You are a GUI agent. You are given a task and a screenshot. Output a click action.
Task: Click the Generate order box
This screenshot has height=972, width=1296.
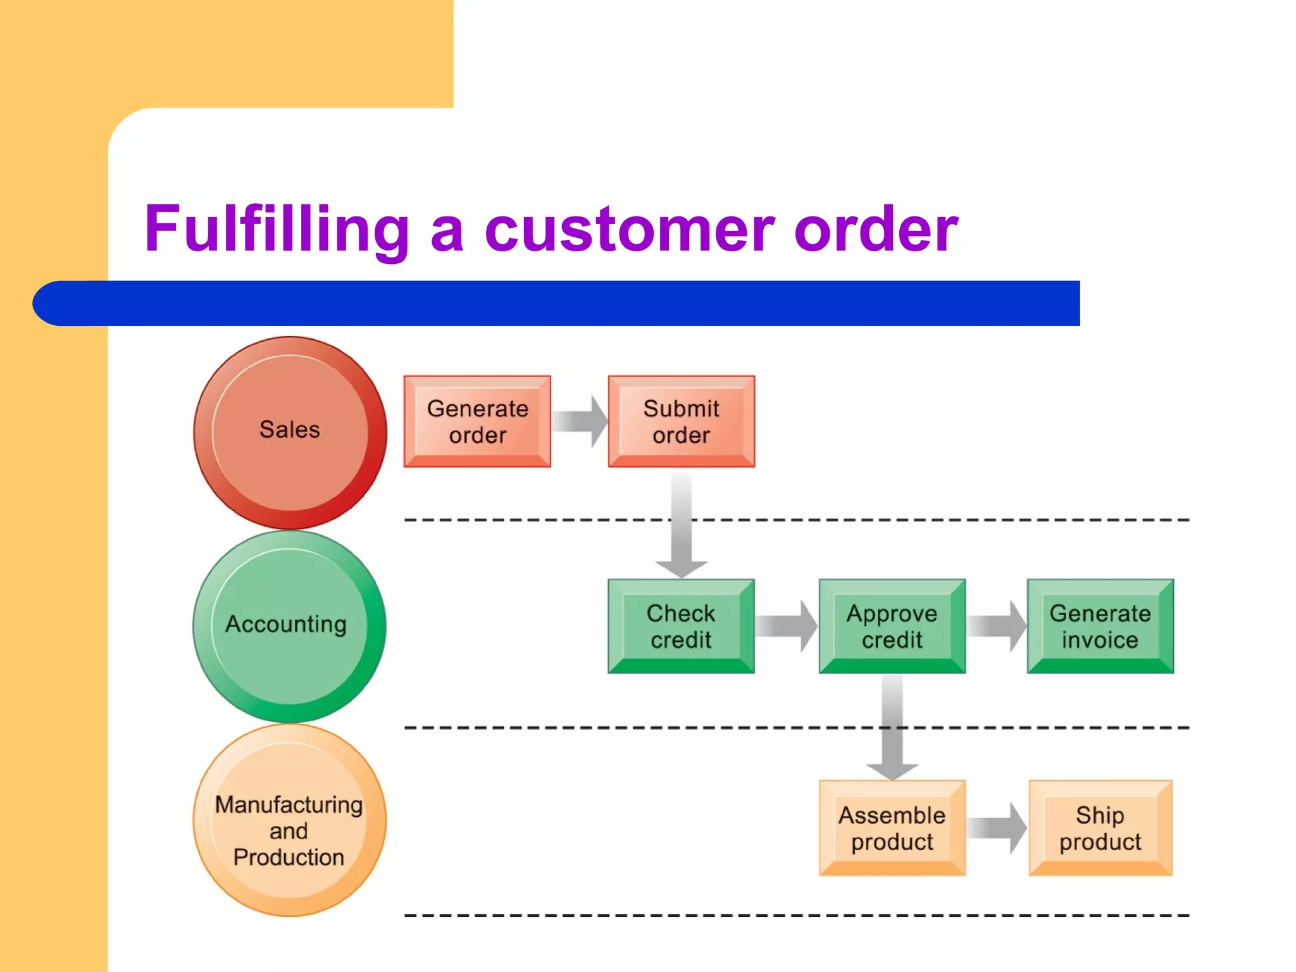tap(477, 421)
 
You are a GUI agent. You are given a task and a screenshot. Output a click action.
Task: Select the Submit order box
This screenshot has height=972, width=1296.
tap(681, 421)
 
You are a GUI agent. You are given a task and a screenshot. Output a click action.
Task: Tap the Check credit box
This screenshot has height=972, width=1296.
tap(681, 626)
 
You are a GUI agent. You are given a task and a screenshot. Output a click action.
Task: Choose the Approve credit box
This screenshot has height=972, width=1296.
tap(892, 626)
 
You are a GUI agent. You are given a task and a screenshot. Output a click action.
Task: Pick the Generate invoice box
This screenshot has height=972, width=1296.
tap(1100, 626)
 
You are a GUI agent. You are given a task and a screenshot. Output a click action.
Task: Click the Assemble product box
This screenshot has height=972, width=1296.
tap(892, 828)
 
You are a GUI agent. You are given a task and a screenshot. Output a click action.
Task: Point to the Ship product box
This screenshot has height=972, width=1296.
tap(1100, 828)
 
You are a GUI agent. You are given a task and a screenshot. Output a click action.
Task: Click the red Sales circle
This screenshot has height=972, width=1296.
tap(290, 432)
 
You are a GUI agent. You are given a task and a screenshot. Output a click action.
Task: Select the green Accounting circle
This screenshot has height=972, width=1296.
tap(289, 626)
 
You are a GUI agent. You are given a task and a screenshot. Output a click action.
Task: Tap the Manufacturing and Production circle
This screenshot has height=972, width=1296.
tap(289, 821)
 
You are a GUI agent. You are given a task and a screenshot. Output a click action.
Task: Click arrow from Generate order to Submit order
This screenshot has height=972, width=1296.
tap(580, 421)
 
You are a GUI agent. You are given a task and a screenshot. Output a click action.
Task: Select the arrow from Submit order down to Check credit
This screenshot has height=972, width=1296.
tap(682, 525)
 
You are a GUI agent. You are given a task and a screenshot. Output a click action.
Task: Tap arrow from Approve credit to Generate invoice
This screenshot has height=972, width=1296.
tap(996, 626)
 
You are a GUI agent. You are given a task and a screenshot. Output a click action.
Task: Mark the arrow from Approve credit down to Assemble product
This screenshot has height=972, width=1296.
tap(892, 728)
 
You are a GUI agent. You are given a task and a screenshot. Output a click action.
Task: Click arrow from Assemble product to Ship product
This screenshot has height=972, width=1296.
tap(997, 828)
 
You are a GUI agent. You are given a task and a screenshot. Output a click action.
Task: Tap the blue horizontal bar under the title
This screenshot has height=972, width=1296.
tap(557, 303)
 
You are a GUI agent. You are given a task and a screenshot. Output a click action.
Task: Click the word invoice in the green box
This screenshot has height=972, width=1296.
tap(1100, 640)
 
